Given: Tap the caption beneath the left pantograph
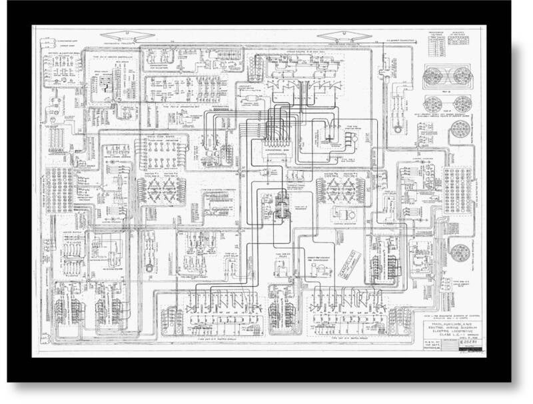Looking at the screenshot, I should pyautogui.click(x=120, y=45).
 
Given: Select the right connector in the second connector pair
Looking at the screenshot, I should pyautogui.click(x=459, y=104).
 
